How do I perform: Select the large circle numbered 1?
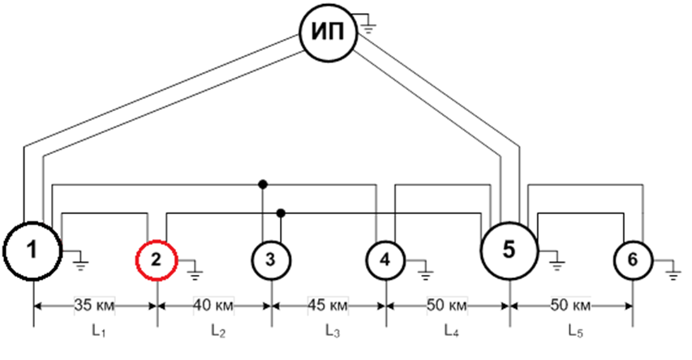point(32,251)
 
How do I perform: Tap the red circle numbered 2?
point(157,260)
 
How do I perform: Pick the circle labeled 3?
point(271,260)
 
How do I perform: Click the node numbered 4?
point(385,260)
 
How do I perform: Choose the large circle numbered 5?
point(509,251)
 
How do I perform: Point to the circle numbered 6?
point(633,260)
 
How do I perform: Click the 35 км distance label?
point(93,306)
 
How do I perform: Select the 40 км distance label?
point(213,306)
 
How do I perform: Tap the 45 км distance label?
point(329,306)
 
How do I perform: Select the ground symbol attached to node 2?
point(195,270)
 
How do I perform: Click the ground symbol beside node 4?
point(423,270)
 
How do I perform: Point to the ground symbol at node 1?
point(80,261)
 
